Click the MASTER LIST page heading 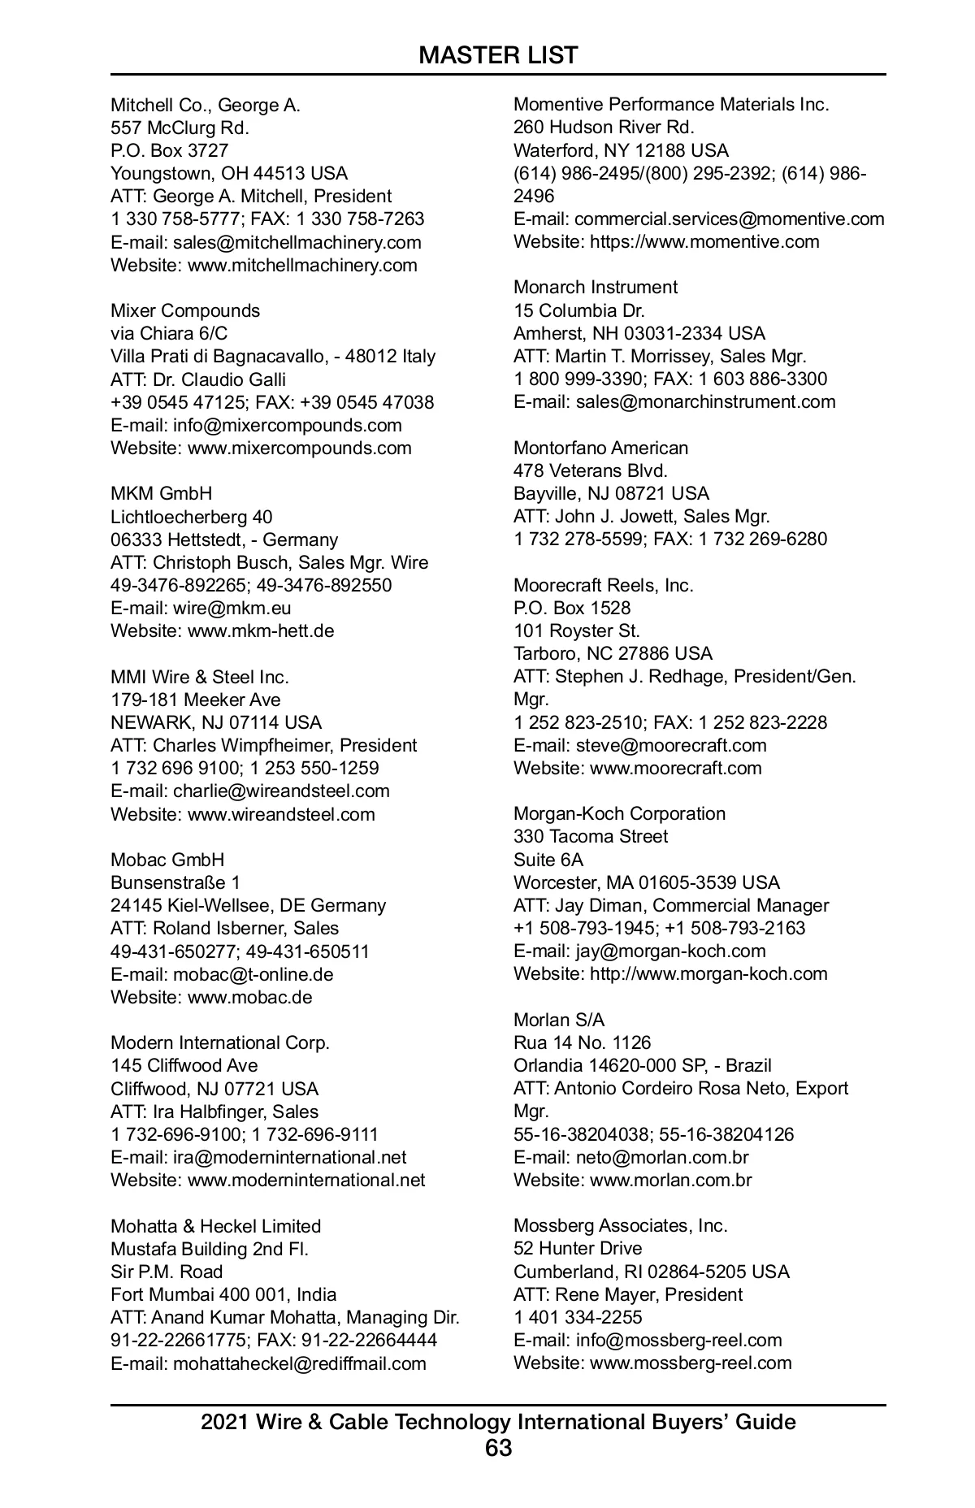coord(498,55)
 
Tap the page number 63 coord(498,1448)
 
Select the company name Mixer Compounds coord(185,310)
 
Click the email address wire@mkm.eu coord(232,608)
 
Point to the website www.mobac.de coord(249,997)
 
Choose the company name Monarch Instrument coord(595,287)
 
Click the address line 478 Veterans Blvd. coord(590,470)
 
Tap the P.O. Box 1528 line coord(571,608)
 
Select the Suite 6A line coord(548,860)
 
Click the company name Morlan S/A coord(559,1020)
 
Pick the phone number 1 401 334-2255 coord(577,1317)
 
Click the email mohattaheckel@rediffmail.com coord(299,1363)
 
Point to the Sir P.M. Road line coord(167,1272)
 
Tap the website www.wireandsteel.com coord(281,814)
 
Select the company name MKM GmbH coord(161,493)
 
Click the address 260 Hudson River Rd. coord(604,127)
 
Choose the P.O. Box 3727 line coord(169,150)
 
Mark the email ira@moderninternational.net coord(289,1157)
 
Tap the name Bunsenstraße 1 coord(175,882)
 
